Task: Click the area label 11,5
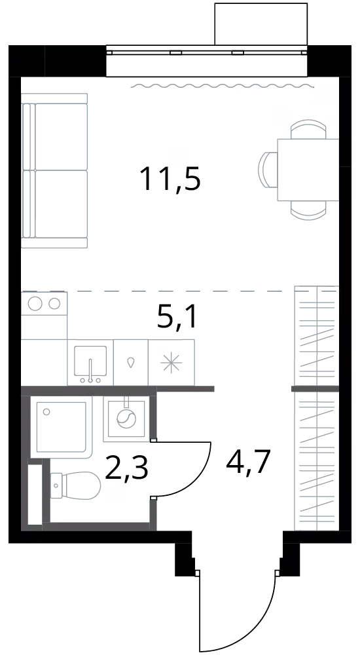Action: click(171, 179)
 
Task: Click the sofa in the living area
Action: click(55, 171)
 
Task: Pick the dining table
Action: click(308, 170)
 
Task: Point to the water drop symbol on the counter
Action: click(131, 363)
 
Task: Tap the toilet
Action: click(75, 486)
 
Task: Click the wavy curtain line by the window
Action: click(223, 86)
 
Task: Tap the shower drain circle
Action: click(46, 412)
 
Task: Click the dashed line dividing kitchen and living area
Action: click(179, 290)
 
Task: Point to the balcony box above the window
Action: click(261, 24)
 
